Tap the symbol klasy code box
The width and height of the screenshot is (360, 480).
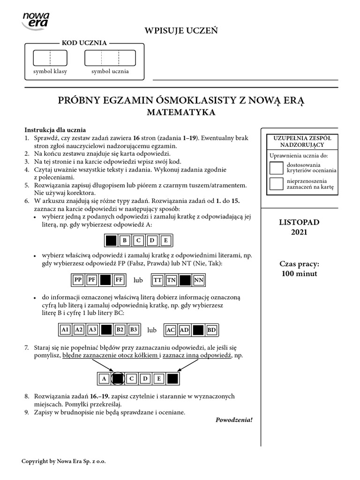click(50, 58)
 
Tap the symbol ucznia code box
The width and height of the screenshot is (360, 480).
click(110, 58)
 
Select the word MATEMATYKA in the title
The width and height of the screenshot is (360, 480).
click(181, 112)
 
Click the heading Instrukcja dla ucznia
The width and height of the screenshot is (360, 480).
click(55, 130)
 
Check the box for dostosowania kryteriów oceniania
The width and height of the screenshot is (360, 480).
click(277, 168)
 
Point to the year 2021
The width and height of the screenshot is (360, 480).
click(299, 232)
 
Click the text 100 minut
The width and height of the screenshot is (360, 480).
click(299, 274)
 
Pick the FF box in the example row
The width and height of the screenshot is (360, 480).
click(119, 280)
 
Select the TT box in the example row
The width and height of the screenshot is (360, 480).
click(158, 280)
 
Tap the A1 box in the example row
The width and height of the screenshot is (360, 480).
click(65, 330)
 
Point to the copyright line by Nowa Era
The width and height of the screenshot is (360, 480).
click(64, 461)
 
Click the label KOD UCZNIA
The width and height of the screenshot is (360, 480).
click(84, 43)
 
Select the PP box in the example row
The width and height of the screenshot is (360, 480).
click(78, 280)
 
